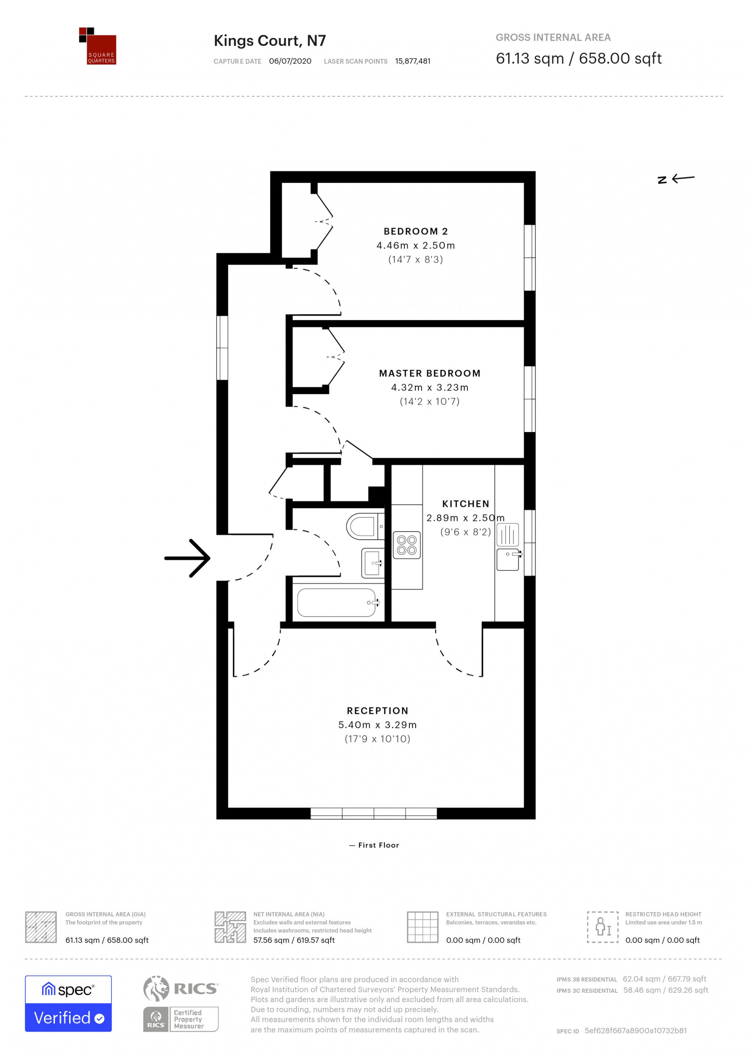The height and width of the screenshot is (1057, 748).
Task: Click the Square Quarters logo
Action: coord(97,46)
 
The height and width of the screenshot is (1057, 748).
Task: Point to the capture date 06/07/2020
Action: coord(290,61)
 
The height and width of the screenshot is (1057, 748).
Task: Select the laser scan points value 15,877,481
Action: coord(413,61)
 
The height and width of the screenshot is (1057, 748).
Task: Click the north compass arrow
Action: coord(676,179)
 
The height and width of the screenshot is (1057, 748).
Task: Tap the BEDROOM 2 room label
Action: coord(416,231)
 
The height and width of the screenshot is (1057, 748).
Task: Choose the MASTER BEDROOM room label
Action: coord(430,373)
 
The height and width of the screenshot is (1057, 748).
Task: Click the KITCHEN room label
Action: coord(466,503)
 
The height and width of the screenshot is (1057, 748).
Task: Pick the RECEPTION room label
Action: coord(378,711)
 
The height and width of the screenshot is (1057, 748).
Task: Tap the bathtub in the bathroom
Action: coord(338,603)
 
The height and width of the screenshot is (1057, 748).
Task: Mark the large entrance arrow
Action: coord(187,558)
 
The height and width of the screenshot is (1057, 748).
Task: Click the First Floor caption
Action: coord(374,845)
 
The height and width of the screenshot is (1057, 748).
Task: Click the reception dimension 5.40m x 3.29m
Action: coord(378,725)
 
